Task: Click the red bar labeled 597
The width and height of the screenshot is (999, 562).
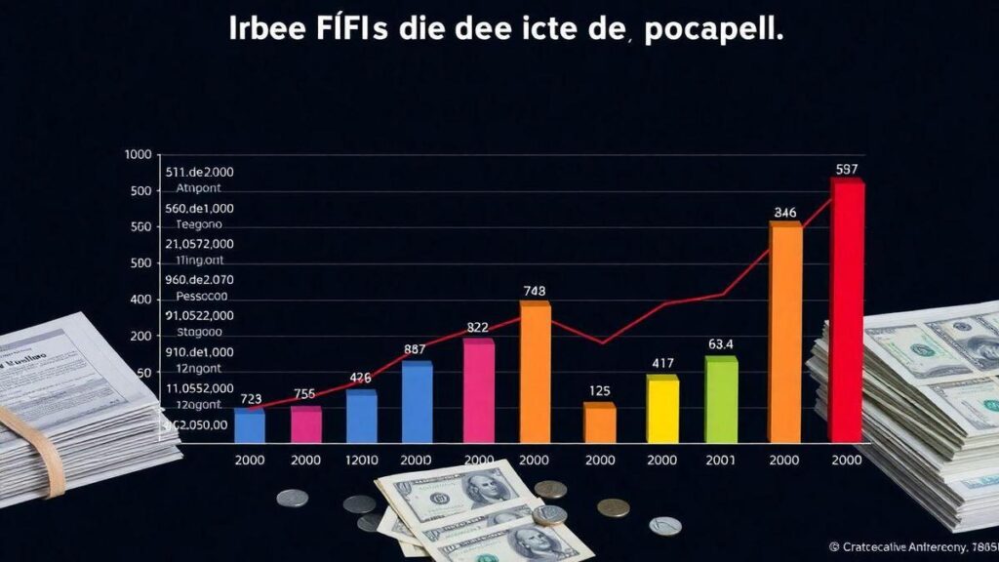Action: tap(846, 310)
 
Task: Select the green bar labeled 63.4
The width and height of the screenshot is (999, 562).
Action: tap(721, 400)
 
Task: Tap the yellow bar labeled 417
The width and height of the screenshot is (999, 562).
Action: tap(662, 409)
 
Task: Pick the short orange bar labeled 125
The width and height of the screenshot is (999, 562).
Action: tap(599, 422)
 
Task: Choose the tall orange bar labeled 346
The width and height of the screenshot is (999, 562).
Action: tap(785, 332)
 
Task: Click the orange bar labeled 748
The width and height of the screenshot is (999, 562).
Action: tap(535, 372)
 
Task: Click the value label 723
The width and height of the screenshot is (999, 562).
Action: tap(251, 398)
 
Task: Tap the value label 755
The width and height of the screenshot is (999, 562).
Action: tap(304, 394)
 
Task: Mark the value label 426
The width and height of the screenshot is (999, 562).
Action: tap(361, 379)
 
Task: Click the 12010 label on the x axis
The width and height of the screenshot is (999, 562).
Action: tap(361, 461)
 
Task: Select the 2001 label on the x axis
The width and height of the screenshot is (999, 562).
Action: tap(722, 461)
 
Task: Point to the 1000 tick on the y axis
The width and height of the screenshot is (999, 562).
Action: tap(140, 155)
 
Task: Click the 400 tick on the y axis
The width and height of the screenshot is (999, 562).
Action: tap(141, 300)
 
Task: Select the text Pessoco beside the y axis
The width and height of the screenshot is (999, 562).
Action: tap(201, 296)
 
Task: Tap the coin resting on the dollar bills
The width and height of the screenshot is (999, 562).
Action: tap(549, 514)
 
